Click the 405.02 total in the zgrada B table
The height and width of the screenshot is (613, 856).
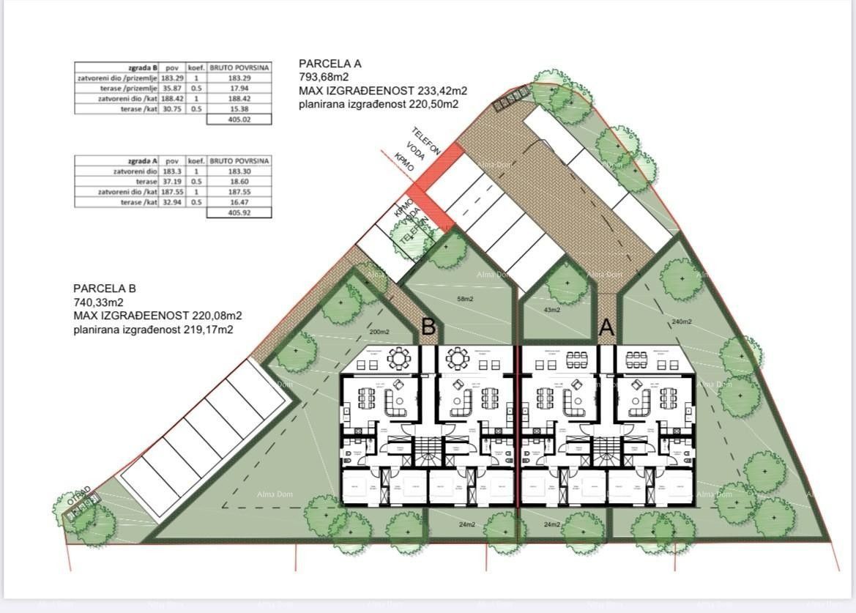click(x=239, y=119)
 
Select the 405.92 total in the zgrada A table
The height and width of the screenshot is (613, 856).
click(x=239, y=213)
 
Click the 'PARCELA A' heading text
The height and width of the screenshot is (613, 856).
click(x=330, y=64)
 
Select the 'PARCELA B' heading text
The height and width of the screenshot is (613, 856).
click(x=105, y=289)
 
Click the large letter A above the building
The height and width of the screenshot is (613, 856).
click(x=606, y=327)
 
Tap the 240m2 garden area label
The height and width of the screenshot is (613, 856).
click(x=681, y=321)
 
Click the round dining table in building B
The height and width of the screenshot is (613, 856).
click(x=400, y=358)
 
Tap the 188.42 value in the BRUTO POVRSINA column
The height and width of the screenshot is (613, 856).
click(x=239, y=98)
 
